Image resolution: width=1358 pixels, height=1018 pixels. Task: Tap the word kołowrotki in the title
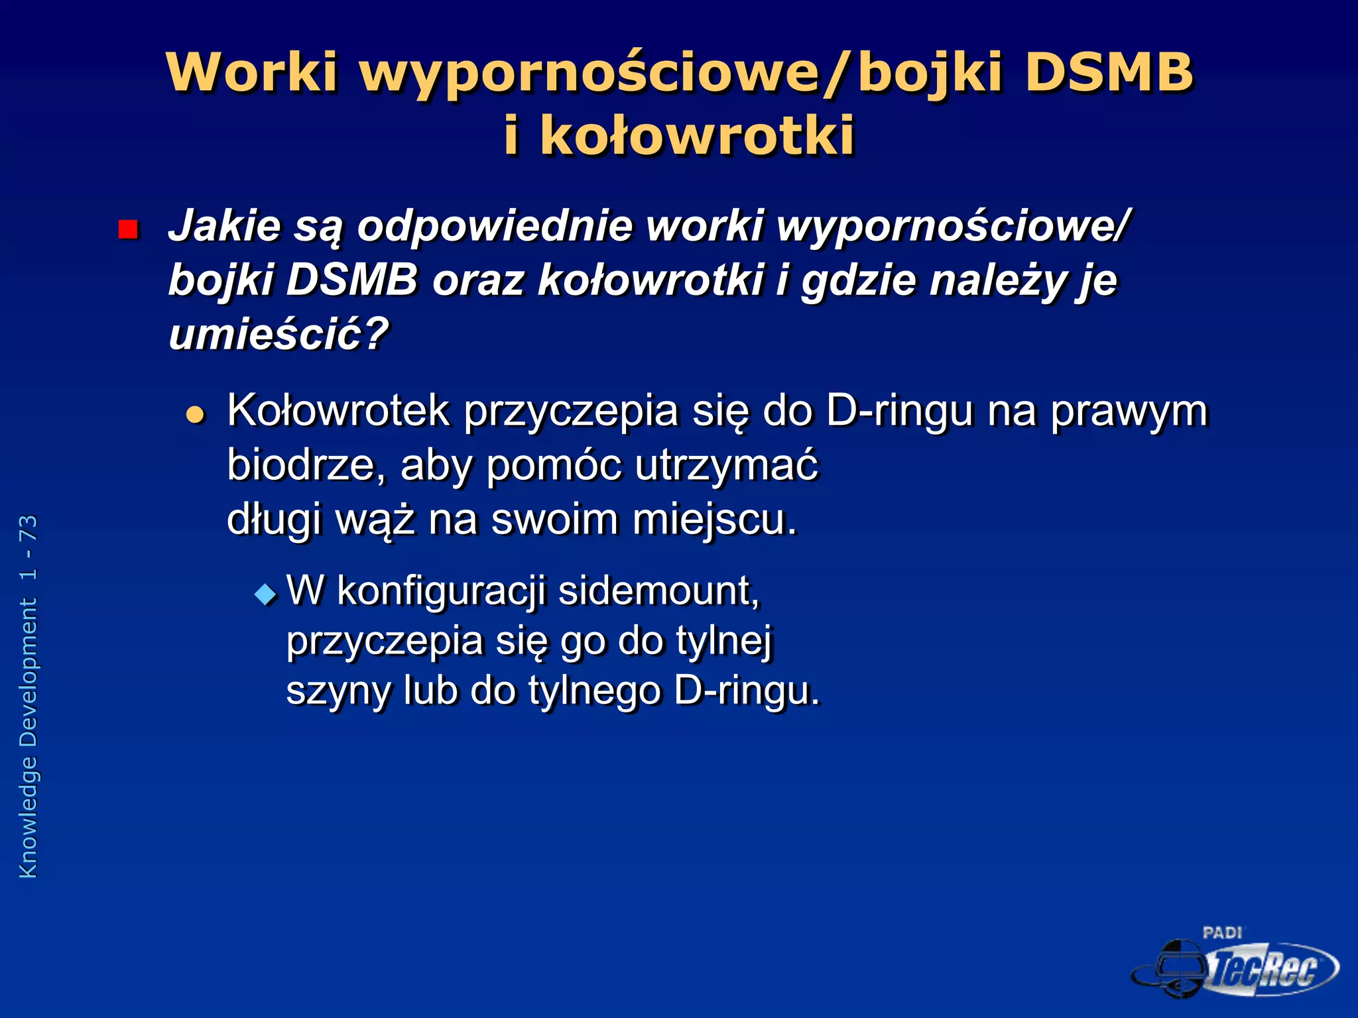click(x=696, y=136)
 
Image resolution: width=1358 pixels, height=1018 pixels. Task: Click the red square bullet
click(x=127, y=229)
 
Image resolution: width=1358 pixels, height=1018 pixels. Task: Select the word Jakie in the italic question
click(x=224, y=227)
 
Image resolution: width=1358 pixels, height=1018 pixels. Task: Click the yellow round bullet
click(x=195, y=415)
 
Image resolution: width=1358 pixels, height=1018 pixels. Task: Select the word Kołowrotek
click(x=338, y=411)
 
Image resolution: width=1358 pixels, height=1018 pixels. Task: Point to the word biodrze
click(x=306, y=465)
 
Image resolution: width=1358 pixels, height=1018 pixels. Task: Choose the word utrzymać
click(x=727, y=465)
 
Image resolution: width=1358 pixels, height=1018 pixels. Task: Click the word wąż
click(x=375, y=520)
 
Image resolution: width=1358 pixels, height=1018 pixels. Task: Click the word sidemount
click(x=658, y=591)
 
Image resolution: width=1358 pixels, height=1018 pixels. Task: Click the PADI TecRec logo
click(x=1235, y=964)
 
